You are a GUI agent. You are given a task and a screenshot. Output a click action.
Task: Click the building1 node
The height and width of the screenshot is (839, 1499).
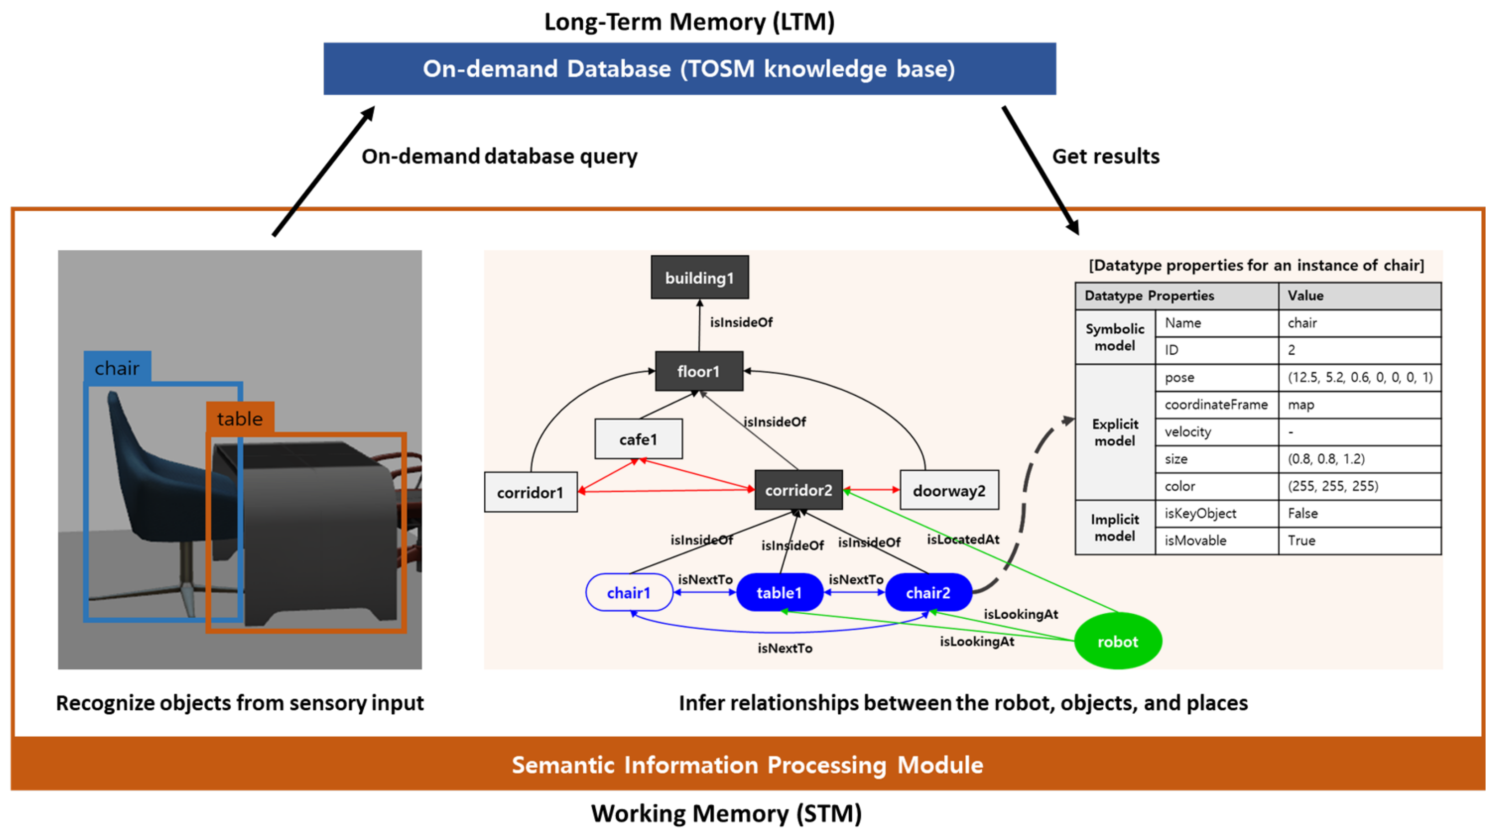pyautogui.click(x=699, y=277)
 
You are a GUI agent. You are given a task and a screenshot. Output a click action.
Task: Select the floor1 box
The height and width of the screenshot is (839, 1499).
pyautogui.click(x=699, y=371)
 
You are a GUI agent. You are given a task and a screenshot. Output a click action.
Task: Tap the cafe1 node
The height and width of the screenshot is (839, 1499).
pyautogui.click(x=638, y=439)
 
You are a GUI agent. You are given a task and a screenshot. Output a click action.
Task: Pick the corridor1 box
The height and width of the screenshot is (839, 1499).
pyautogui.click(x=530, y=492)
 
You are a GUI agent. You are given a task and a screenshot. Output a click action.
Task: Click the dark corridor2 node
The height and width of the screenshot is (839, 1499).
pyautogui.click(x=798, y=490)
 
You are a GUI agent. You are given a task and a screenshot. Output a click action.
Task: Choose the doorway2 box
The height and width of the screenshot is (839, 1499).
pyautogui.click(x=949, y=490)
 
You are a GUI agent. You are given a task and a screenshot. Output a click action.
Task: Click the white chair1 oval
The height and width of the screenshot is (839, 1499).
pyautogui.click(x=628, y=592)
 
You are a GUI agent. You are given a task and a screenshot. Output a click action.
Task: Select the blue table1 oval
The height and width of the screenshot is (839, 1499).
pyautogui.click(x=779, y=592)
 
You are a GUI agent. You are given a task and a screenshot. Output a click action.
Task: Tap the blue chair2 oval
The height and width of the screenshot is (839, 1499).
pyautogui.click(x=928, y=592)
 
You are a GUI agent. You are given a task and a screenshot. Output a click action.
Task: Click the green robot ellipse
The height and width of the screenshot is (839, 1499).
pyautogui.click(x=1117, y=641)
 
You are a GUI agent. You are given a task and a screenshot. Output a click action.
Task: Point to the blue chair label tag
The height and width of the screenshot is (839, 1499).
pyautogui.click(x=117, y=368)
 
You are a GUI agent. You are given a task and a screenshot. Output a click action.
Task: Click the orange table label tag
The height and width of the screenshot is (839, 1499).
pyautogui.click(x=240, y=418)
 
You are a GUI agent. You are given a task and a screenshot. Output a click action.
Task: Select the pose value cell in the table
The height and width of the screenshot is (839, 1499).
pyautogui.click(x=1359, y=377)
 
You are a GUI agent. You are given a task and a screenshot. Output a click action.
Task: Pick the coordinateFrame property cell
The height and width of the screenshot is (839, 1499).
pyautogui.click(x=1216, y=404)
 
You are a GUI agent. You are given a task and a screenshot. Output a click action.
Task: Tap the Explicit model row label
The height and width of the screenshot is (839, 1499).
pyautogui.click(x=1114, y=432)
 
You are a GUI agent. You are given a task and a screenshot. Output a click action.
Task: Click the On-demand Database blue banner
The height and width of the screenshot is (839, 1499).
pyautogui.click(x=690, y=69)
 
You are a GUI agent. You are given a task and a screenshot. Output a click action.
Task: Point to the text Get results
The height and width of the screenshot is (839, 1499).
pyautogui.click(x=1106, y=156)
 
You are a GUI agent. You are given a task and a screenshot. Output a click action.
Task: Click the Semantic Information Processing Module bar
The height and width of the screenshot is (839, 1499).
pyautogui.click(x=748, y=765)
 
